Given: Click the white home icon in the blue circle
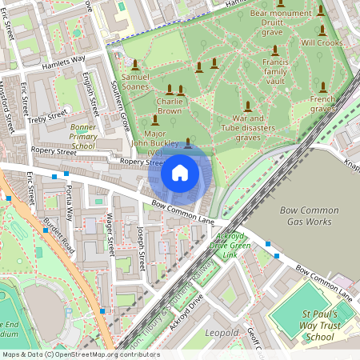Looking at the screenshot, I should [x=180, y=172].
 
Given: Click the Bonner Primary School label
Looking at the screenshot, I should [x=83, y=137].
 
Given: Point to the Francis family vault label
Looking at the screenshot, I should [x=274, y=70].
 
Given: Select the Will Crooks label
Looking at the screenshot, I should [x=322, y=42].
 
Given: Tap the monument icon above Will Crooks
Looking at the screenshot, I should [x=321, y=29].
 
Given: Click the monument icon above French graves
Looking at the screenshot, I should [x=322, y=87].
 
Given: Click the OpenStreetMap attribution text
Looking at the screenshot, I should [x=80, y=354].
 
